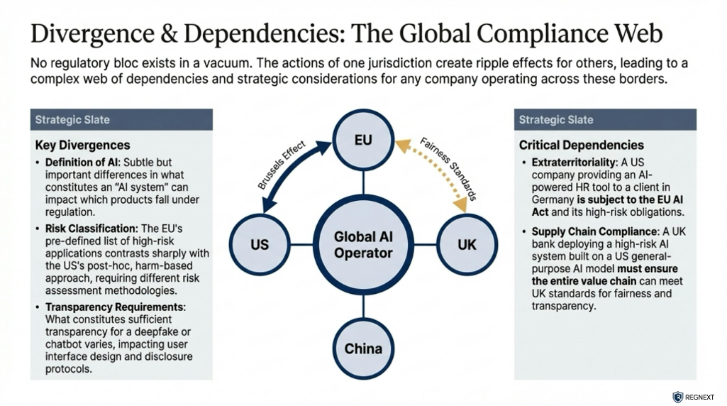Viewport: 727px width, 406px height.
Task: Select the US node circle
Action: pos(260,245)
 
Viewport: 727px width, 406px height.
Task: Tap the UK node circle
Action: pos(467,245)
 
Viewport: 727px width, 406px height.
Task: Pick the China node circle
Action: pos(363,349)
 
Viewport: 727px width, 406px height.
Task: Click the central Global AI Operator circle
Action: pos(363,245)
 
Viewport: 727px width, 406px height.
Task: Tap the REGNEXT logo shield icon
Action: pos(677,397)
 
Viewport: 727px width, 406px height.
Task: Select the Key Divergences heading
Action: pos(82,145)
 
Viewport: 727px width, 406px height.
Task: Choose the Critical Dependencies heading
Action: pos(581,145)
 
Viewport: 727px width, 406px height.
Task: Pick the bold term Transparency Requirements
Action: pos(114,307)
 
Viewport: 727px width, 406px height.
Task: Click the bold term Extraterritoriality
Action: pos(574,163)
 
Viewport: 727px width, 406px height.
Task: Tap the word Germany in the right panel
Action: pos(554,200)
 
